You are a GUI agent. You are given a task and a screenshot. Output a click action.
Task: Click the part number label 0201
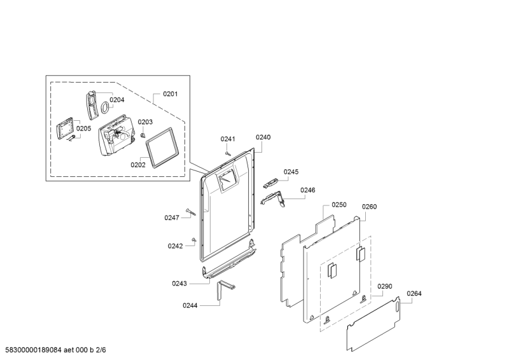coord(170,94)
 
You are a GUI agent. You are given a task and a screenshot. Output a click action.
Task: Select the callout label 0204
coord(117,100)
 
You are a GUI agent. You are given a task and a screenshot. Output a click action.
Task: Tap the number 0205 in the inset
coord(84,128)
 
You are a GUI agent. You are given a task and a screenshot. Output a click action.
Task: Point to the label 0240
coord(263,137)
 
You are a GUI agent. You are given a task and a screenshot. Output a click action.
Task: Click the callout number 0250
coord(339,205)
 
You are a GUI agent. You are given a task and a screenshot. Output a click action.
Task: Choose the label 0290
coord(385,286)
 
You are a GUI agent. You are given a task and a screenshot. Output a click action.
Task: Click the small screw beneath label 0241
coord(228,153)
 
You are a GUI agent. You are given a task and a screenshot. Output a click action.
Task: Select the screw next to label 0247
coord(191,212)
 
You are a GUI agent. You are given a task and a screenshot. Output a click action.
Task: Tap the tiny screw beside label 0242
coord(195,240)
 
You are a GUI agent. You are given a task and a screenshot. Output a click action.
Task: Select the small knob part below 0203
coord(143,135)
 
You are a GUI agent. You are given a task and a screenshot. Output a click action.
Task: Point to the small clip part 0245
coord(270,183)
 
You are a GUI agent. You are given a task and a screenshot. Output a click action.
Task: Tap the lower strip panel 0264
coord(373,324)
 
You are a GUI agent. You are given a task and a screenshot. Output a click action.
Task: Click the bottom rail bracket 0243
coord(229,263)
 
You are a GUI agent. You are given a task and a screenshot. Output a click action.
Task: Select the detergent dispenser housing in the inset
coord(116,135)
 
